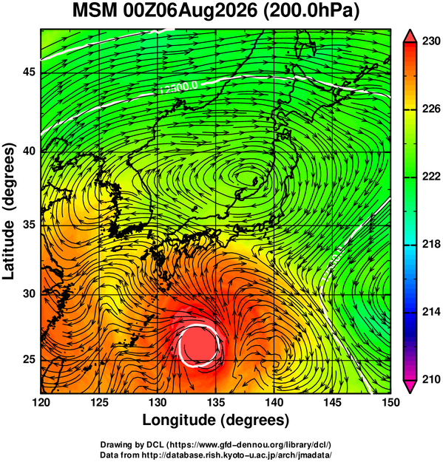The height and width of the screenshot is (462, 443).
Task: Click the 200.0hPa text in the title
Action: pyautogui.click(x=311, y=11)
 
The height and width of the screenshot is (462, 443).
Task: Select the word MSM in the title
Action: pyautogui.click(x=95, y=11)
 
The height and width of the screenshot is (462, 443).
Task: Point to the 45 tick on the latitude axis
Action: pyautogui.click(x=29, y=72)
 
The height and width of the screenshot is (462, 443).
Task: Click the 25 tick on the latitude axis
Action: pyautogui.click(x=29, y=359)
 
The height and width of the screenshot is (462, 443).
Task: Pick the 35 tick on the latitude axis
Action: pyautogui.click(x=29, y=225)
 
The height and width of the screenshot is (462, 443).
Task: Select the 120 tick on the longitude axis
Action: pyautogui.click(x=41, y=402)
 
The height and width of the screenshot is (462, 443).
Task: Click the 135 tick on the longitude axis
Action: pyautogui.click(x=216, y=402)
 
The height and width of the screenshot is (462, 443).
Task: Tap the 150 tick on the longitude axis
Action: pyautogui.click(x=390, y=402)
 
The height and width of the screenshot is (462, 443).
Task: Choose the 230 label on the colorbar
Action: pyautogui.click(x=431, y=41)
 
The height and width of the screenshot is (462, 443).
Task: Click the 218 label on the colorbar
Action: pyautogui.click(x=431, y=244)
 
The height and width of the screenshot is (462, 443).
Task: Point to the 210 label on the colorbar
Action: pyautogui.click(x=431, y=379)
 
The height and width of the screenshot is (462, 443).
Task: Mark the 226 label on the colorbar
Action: pyautogui.click(x=431, y=109)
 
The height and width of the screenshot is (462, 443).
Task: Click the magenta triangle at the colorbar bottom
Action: pyautogui.click(x=410, y=386)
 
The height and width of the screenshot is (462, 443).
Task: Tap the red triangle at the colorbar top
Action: pyautogui.click(x=410, y=36)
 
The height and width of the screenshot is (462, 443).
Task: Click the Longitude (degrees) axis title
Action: pyautogui.click(x=215, y=421)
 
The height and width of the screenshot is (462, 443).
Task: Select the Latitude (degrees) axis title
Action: pyautogui.click(x=10, y=211)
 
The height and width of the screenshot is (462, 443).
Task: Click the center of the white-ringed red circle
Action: pyautogui.click(x=199, y=345)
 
